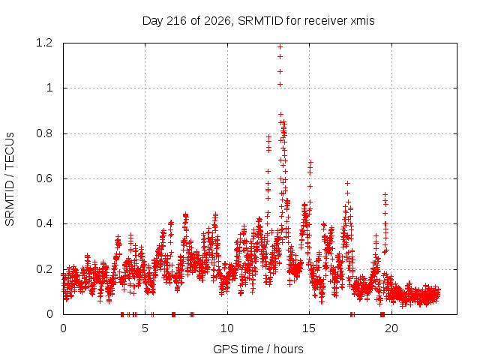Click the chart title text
[x=258, y=21]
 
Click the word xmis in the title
[x=362, y=21]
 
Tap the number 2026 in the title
[x=217, y=21]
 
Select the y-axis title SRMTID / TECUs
[x=10, y=179]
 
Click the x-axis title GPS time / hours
[x=258, y=349]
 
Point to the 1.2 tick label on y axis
[x=44, y=43]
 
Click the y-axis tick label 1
[x=49, y=88]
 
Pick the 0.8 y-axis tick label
[x=44, y=133]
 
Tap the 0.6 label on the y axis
[x=44, y=178]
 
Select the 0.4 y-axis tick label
[x=44, y=223]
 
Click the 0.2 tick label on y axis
[x=44, y=269]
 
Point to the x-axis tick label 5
[x=145, y=328]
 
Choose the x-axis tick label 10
[x=227, y=328]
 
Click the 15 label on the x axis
[x=309, y=328]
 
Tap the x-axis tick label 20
[x=391, y=328]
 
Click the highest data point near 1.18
[x=280, y=46]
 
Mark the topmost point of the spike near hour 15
[x=310, y=162]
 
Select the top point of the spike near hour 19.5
[x=385, y=194]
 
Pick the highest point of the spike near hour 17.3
[x=347, y=183]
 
